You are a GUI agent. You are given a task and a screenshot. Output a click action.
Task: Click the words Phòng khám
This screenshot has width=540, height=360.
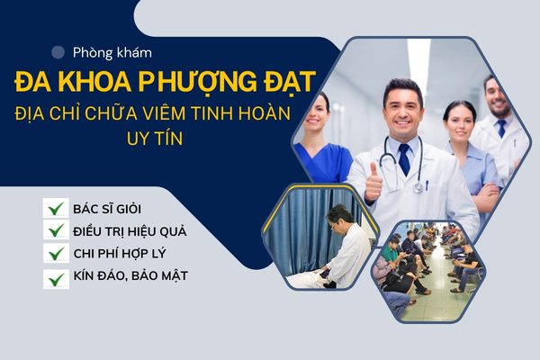coord(112,53)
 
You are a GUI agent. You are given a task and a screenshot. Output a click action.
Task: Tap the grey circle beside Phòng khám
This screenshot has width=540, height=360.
coord(58,52)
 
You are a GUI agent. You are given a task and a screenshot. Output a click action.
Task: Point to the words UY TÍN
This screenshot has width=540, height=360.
coord(155,138)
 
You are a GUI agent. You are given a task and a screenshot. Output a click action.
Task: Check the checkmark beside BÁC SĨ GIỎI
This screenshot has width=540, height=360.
coord(56,208)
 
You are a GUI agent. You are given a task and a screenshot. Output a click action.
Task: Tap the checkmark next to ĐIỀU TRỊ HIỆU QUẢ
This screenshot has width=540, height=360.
coord(56,230)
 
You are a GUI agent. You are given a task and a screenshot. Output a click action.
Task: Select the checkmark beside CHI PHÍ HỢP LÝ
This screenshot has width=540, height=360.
coord(56,253)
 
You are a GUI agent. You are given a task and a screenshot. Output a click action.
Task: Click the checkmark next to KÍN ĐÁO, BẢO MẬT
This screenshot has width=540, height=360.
coord(56,279)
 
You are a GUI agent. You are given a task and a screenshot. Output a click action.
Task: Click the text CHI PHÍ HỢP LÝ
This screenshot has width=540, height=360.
coord(120,254)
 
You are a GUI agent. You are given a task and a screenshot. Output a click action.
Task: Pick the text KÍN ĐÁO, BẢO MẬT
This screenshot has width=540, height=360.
coord(130,276)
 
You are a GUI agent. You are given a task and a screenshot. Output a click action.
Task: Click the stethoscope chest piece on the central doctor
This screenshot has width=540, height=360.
coord(418,187)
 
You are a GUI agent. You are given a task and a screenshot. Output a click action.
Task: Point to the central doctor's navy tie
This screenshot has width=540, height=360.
coord(404,159)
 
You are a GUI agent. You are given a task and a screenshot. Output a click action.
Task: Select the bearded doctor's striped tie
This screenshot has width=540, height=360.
coord(501,128)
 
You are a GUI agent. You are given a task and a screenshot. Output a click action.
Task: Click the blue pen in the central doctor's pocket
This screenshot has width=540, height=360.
coord(427,185)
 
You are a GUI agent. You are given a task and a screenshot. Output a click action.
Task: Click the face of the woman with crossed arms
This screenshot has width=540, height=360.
coord(460,125)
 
